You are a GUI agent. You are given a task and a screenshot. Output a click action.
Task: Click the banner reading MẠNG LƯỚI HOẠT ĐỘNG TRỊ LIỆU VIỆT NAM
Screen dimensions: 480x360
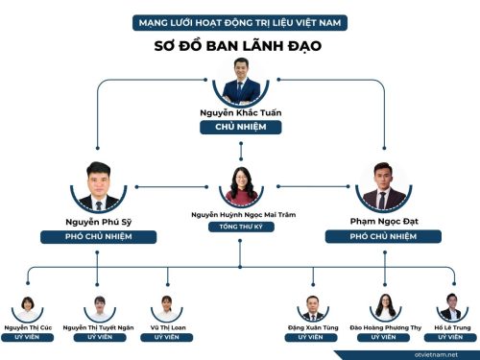tap(240, 23)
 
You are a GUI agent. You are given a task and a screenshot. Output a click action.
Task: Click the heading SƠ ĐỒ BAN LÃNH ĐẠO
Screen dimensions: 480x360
tap(238, 46)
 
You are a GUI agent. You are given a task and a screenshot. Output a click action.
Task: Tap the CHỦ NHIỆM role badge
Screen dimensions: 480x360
tap(241, 127)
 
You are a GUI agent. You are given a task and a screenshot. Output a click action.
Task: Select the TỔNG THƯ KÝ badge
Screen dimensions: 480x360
tap(241, 227)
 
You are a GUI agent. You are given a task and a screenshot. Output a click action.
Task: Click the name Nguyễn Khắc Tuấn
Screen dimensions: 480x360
tap(241, 112)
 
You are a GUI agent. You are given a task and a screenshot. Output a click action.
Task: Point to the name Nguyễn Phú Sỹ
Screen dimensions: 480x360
tap(99, 222)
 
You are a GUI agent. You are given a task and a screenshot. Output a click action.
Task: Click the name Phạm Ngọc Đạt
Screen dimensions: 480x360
tap(384, 221)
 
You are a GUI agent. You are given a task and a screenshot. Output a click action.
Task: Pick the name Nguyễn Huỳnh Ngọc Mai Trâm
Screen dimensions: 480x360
tap(244, 215)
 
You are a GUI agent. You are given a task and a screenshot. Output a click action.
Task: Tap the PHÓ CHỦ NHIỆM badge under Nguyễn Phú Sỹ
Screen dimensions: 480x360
tap(99, 237)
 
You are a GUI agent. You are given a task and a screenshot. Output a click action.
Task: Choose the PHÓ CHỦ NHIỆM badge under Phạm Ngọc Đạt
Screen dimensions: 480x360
tap(383, 236)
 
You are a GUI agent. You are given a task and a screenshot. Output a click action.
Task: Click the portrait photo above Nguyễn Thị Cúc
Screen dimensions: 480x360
tap(28, 309)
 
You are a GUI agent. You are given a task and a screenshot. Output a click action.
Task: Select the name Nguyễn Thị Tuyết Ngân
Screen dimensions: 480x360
tap(98, 327)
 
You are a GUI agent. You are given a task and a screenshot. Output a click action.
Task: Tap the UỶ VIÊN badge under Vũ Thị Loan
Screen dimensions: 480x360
tap(167, 337)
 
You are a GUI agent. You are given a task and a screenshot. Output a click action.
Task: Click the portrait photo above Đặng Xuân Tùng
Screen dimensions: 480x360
tap(313, 308)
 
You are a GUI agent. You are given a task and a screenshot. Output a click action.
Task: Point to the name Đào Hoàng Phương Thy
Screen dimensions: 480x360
tap(386, 327)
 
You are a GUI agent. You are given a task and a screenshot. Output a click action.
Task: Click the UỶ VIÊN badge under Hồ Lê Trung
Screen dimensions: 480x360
tap(450, 337)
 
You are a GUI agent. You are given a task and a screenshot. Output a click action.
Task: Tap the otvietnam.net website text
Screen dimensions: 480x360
tap(436, 354)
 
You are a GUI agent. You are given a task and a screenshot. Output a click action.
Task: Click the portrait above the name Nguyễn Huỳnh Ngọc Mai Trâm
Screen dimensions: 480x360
tap(241, 187)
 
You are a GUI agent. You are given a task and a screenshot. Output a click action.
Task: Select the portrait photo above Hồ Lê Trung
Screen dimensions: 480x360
tap(452, 307)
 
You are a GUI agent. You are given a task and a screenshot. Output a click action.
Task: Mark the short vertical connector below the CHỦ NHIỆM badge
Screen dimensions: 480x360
tap(241, 151)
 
